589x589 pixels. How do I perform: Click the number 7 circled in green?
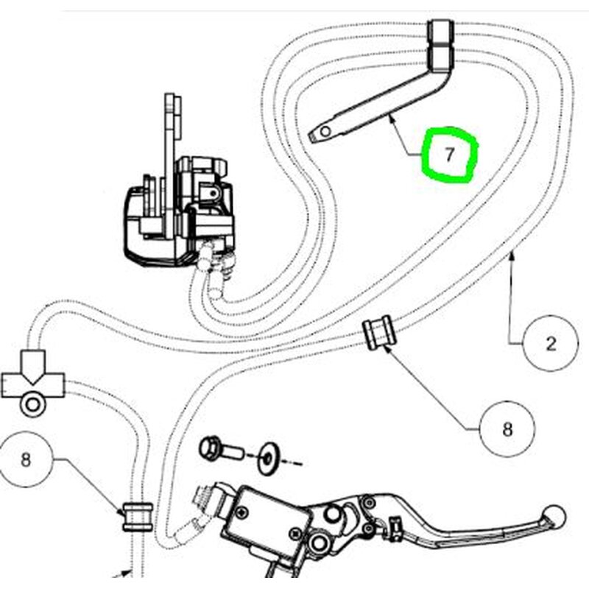(x=450, y=155)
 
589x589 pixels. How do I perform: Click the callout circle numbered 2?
(x=551, y=343)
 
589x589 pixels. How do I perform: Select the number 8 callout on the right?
(x=507, y=428)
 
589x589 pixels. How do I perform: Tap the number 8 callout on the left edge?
(x=25, y=459)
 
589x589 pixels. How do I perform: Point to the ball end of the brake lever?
(x=554, y=516)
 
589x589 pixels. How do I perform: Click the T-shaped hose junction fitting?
(x=33, y=375)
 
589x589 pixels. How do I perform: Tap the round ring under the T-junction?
(x=32, y=405)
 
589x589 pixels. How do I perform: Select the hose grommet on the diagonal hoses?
(x=379, y=333)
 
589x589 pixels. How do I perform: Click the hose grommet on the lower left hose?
(x=138, y=517)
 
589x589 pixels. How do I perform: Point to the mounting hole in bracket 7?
(x=325, y=132)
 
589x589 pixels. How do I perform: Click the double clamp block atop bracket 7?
(x=440, y=46)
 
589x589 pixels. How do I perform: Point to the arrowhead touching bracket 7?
(x=392, y=119)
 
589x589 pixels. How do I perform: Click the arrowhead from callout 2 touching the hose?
(x=510, y=257)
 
